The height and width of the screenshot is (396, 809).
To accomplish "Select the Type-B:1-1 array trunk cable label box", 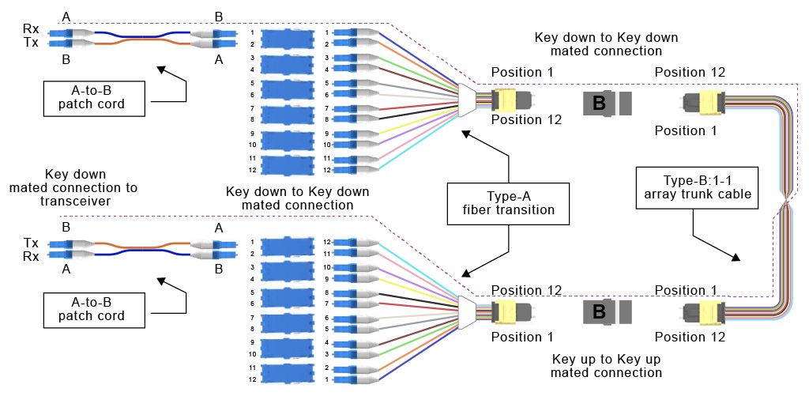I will pos(692,187).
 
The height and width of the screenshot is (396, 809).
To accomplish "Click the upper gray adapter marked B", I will pos(608,104).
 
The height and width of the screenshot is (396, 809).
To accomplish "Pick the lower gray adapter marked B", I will pos(608,312).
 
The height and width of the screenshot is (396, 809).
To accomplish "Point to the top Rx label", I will pos(31,29).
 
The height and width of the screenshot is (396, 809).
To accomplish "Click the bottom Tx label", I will pos(31,242).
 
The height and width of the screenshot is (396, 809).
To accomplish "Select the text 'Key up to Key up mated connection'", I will pos(606,365).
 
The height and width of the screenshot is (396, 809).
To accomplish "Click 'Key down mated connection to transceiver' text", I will pos(73,188).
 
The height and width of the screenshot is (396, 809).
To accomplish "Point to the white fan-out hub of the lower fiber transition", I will pos(467,309).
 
